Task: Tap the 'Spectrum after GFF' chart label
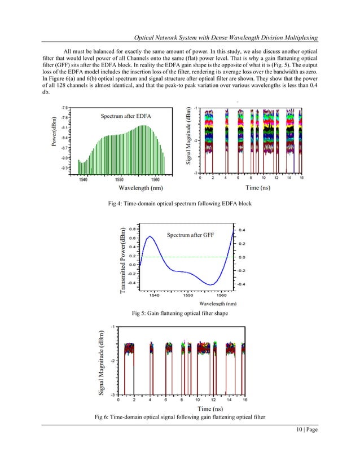pos(187,234)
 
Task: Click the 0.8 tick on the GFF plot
pos(131,229)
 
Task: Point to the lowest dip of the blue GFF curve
pos(210,284)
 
